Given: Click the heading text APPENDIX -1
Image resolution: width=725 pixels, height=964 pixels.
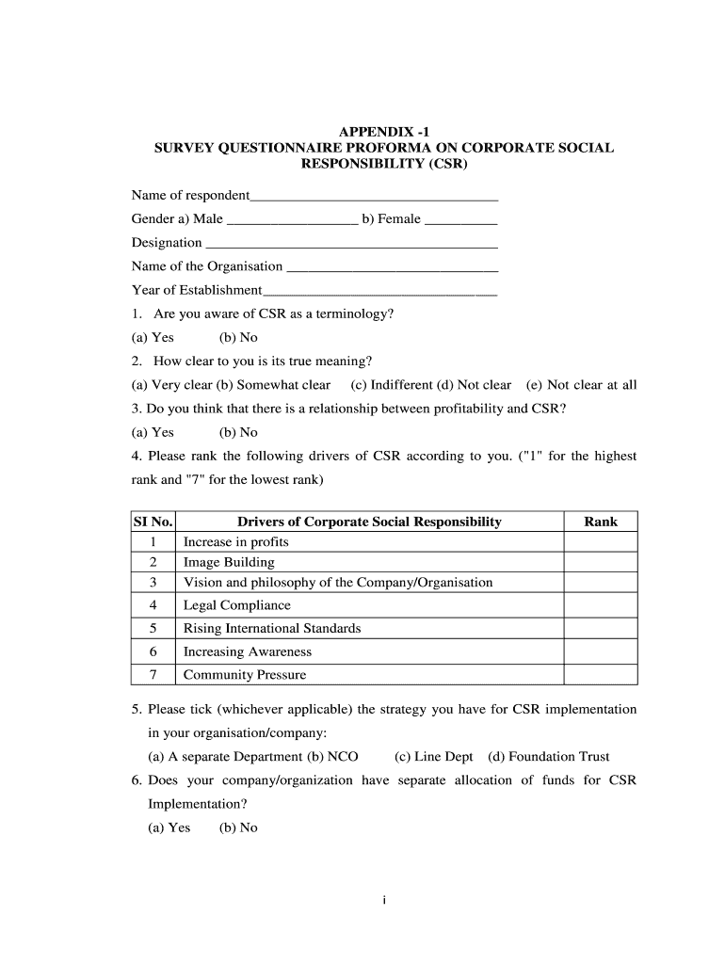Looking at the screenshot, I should (x=384, y=131).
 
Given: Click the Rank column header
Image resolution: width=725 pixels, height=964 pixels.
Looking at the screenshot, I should (x=601, y=522).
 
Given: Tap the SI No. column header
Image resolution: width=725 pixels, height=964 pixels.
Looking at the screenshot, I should (x=153, y=522).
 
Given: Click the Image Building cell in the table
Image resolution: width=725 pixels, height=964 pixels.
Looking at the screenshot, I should (x=229, y=562).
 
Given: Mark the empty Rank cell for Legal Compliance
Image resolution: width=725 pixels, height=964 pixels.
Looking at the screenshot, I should (x=601, y=605).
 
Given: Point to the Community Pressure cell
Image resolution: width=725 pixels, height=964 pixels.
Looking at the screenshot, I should (x=245, y=674).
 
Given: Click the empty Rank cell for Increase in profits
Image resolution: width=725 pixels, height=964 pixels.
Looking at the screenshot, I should (x=601, y=542).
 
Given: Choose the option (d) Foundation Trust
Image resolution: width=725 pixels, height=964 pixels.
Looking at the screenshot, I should (x=548, y=757).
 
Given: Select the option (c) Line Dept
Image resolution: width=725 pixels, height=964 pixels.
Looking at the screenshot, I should (x=434, y=757).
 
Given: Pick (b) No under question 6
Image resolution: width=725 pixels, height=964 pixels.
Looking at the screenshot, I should (x=238, y=827).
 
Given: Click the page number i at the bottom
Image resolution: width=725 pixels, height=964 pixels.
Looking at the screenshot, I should (x=384, y=901).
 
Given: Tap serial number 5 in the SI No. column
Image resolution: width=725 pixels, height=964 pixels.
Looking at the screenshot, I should (x=153, y=628).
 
